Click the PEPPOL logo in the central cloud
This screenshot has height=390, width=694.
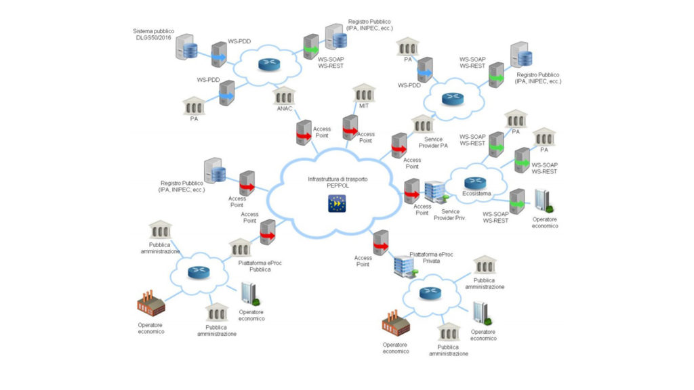click(337, 203)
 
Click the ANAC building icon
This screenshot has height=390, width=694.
click(285, 97)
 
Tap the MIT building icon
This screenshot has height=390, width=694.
click(364, 92)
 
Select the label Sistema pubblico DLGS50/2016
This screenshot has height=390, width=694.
click(154, 35)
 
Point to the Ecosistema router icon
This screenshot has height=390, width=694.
click(474, 182)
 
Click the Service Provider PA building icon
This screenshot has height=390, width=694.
click(423, 124)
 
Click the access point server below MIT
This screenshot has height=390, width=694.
click(350, 127)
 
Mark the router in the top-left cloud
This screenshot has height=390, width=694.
click(267, 65)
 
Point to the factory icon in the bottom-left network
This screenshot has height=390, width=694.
click(151, 304)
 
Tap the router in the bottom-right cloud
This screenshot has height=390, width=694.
click(430, 292)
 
